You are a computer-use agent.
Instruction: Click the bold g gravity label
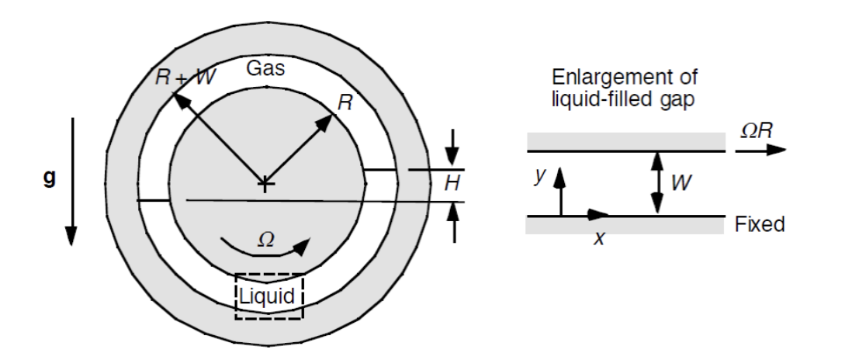pyautogui.click(x=49, y=178)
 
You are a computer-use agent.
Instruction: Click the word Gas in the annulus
pyautogui.click(x=265, y=68)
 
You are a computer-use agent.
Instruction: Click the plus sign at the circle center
pyautogui.click(x=265, y=185)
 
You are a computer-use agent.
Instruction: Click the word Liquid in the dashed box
pyautogui.click(x=268, y=296)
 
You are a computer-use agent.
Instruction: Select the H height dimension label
pyautogui.click(x=450, y=184)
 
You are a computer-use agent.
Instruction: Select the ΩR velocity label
pyautogui.click(x=756, y=130)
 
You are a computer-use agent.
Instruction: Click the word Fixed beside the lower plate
pyautogui.click(x=760, y=225)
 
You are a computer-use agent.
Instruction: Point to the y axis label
pyautogui.click(x=541, y=177)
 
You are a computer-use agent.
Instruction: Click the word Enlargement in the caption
pyautogui.click(x=596, y=78)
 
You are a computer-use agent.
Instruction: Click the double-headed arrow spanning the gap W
pyautogui.click(x=657, y=183)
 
